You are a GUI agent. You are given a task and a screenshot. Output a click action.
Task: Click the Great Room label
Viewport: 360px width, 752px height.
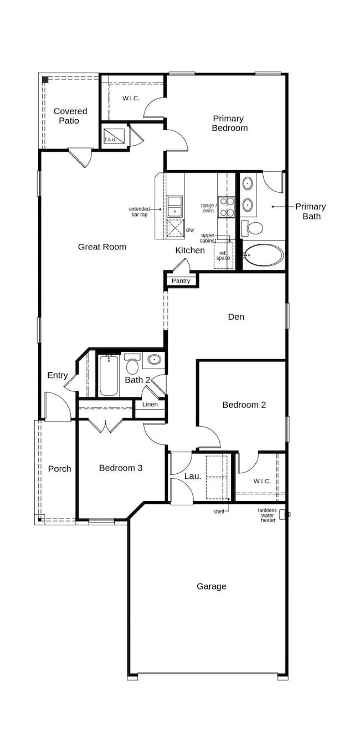click(102, 247)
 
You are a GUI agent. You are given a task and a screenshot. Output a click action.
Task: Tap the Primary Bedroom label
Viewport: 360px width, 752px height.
click(229, 123)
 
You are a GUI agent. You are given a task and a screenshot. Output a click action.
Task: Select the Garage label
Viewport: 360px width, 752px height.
click(212, 586)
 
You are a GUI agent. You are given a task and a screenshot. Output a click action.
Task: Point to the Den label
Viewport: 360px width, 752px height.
click(236, 316)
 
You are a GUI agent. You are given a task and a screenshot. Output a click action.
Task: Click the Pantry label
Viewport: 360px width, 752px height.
click(181, 280)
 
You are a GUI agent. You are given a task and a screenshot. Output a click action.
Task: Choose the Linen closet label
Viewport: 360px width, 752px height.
click(150, 404)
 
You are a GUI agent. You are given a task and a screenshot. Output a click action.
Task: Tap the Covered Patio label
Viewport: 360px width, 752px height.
click(70, 116)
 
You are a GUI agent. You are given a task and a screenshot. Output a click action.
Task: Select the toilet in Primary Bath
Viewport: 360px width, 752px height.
click(253, 228)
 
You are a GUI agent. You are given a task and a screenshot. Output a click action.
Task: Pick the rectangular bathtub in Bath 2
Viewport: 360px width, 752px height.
click(109, 376)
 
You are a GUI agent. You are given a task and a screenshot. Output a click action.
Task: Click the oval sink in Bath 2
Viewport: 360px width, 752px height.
click(155, 360)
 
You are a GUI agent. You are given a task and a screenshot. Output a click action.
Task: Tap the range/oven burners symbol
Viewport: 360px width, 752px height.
click(227, 207)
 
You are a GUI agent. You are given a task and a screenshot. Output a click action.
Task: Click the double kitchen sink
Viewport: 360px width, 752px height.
click(175, 206)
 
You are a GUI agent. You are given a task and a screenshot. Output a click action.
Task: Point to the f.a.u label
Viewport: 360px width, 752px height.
click(110, 139)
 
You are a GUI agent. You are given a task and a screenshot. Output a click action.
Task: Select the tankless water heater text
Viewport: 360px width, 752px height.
click(268, 515)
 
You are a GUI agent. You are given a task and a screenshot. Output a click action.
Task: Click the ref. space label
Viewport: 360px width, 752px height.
click(223, 255)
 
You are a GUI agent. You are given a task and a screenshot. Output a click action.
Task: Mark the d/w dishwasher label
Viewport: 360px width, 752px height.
click(190, 230)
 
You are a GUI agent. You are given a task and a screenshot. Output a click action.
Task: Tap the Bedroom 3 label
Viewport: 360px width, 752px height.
click(121, 468)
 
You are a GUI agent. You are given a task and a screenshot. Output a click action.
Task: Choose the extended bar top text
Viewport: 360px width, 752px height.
click(139, 212)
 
